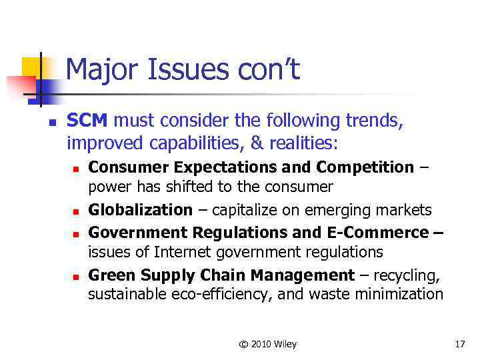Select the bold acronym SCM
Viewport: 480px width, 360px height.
pos(90,121)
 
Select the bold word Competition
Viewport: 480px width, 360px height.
pos(365,167)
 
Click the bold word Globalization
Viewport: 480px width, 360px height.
pos(140,210)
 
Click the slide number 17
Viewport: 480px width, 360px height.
pos(459,345)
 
